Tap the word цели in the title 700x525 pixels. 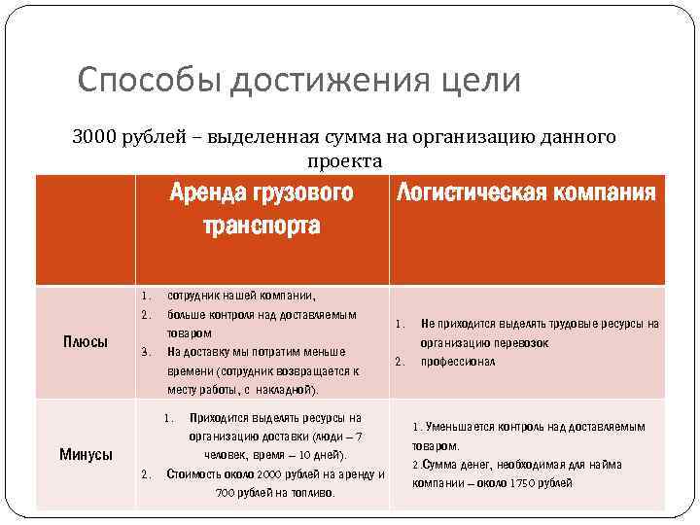click(480, 80)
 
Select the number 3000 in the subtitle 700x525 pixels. click(93, 137)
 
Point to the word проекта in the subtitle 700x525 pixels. click(344, 159)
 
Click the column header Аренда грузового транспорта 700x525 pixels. click(261, 209)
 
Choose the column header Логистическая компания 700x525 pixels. click(525, 192)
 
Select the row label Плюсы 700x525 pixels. click(86, 342)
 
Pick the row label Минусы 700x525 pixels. click(86, 454)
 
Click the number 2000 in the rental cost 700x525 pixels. click(269, 474)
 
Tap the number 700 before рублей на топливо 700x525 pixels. click(227, 493)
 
